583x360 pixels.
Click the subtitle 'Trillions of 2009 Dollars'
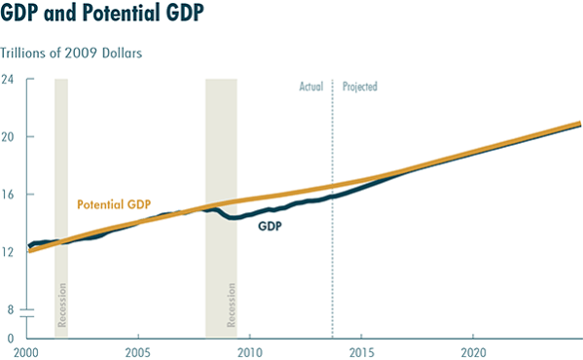pyautogui.click(x=71, y=53)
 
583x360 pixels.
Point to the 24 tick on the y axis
pyautogui.click(x=7, y=79)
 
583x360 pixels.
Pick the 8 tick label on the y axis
pyautogui.click(x=10, y=310)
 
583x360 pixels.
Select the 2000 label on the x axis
pyautogui.click(x=26, y=350)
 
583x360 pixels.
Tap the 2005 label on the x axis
pyautogui.click(x=137, y=350)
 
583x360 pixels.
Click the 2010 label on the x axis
pyautogui.click(x=250, y=350)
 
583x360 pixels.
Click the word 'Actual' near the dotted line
pyautogui.click(x=311, y=87)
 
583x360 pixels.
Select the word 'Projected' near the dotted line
pyautogui.click(x=359, y=87)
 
